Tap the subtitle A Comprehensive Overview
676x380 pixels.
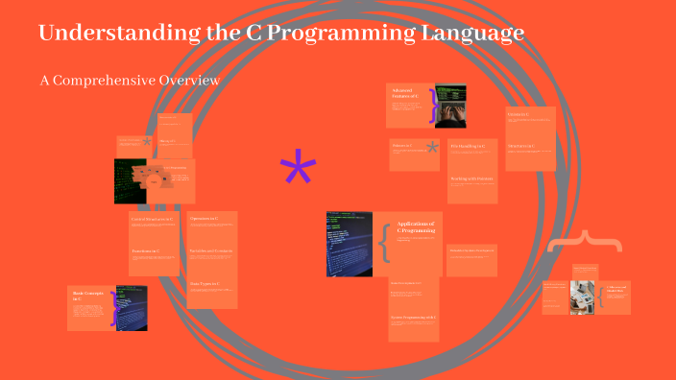point(130,80)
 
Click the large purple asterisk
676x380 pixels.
point(298,171)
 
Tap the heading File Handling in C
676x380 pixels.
point(468,146)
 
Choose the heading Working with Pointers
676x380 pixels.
point(471,178)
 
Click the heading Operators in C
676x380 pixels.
point(204,220)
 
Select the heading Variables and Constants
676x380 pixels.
point(211,251)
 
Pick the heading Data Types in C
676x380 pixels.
point(205,284)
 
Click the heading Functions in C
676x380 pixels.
point(145,251)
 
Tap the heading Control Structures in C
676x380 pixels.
point(152,220)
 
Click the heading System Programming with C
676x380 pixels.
point(414,317)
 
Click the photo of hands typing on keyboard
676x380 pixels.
point(451,106)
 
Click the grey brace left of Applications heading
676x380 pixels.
point(384,243)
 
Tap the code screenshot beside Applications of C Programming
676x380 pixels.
point(349,243)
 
